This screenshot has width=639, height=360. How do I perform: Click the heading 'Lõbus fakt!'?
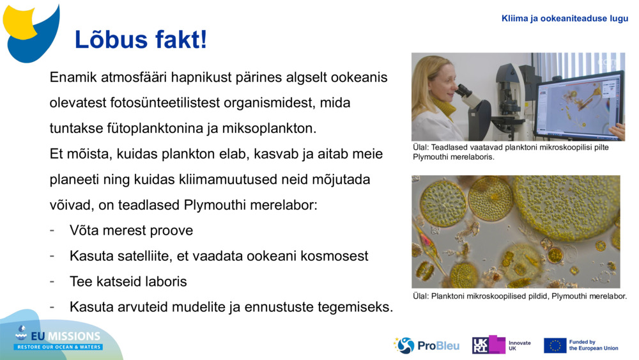pos(141,40)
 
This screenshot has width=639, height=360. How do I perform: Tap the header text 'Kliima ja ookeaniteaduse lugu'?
pos(564,18)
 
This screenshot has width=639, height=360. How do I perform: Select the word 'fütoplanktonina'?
pos(151,128)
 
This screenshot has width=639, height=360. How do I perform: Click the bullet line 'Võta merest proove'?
pos(131,230)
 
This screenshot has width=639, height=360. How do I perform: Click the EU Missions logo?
pos(59,338)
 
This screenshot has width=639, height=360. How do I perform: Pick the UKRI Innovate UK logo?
pos(502,345)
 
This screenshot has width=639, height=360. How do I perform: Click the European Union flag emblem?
pos(555,345)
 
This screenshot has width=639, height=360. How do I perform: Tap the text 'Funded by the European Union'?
pos(594,345)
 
